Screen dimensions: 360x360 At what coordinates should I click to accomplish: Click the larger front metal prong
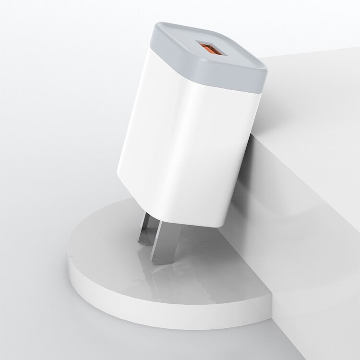[x=166, y=245]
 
